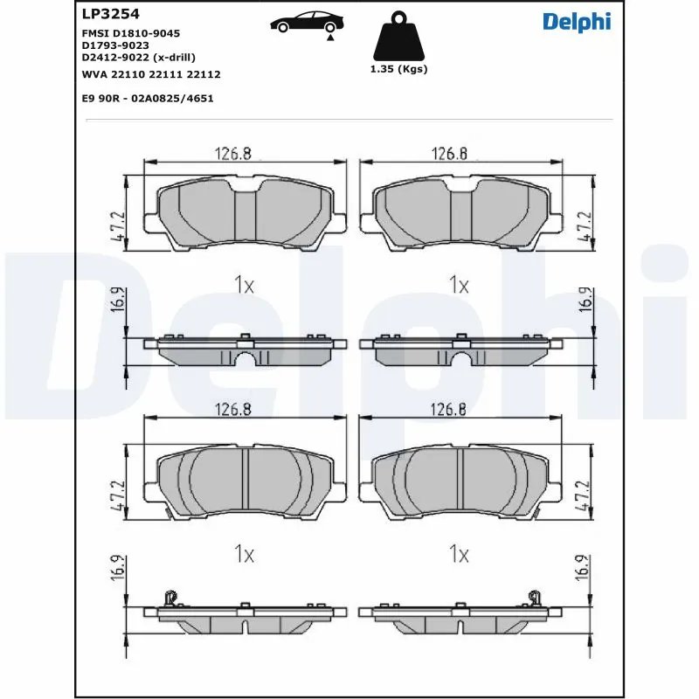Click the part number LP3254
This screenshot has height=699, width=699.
click(109, 14)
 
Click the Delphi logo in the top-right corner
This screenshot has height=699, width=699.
click(577, 21)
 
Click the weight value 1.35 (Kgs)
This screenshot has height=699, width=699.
click(400, 69)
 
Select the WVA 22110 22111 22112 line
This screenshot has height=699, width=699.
click(149, 74)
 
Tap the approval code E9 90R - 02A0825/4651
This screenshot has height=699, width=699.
click(147, 99)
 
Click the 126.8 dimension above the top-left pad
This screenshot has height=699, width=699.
click(233, 154)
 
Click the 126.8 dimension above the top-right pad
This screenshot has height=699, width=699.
click(449, 154)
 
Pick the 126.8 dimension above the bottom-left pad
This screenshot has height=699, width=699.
click(233, 409)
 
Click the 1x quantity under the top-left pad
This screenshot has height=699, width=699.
click(244, 284)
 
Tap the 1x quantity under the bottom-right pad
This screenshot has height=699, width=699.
click(459, 554)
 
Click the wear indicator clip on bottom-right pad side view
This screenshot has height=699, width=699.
click(531, 598)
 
